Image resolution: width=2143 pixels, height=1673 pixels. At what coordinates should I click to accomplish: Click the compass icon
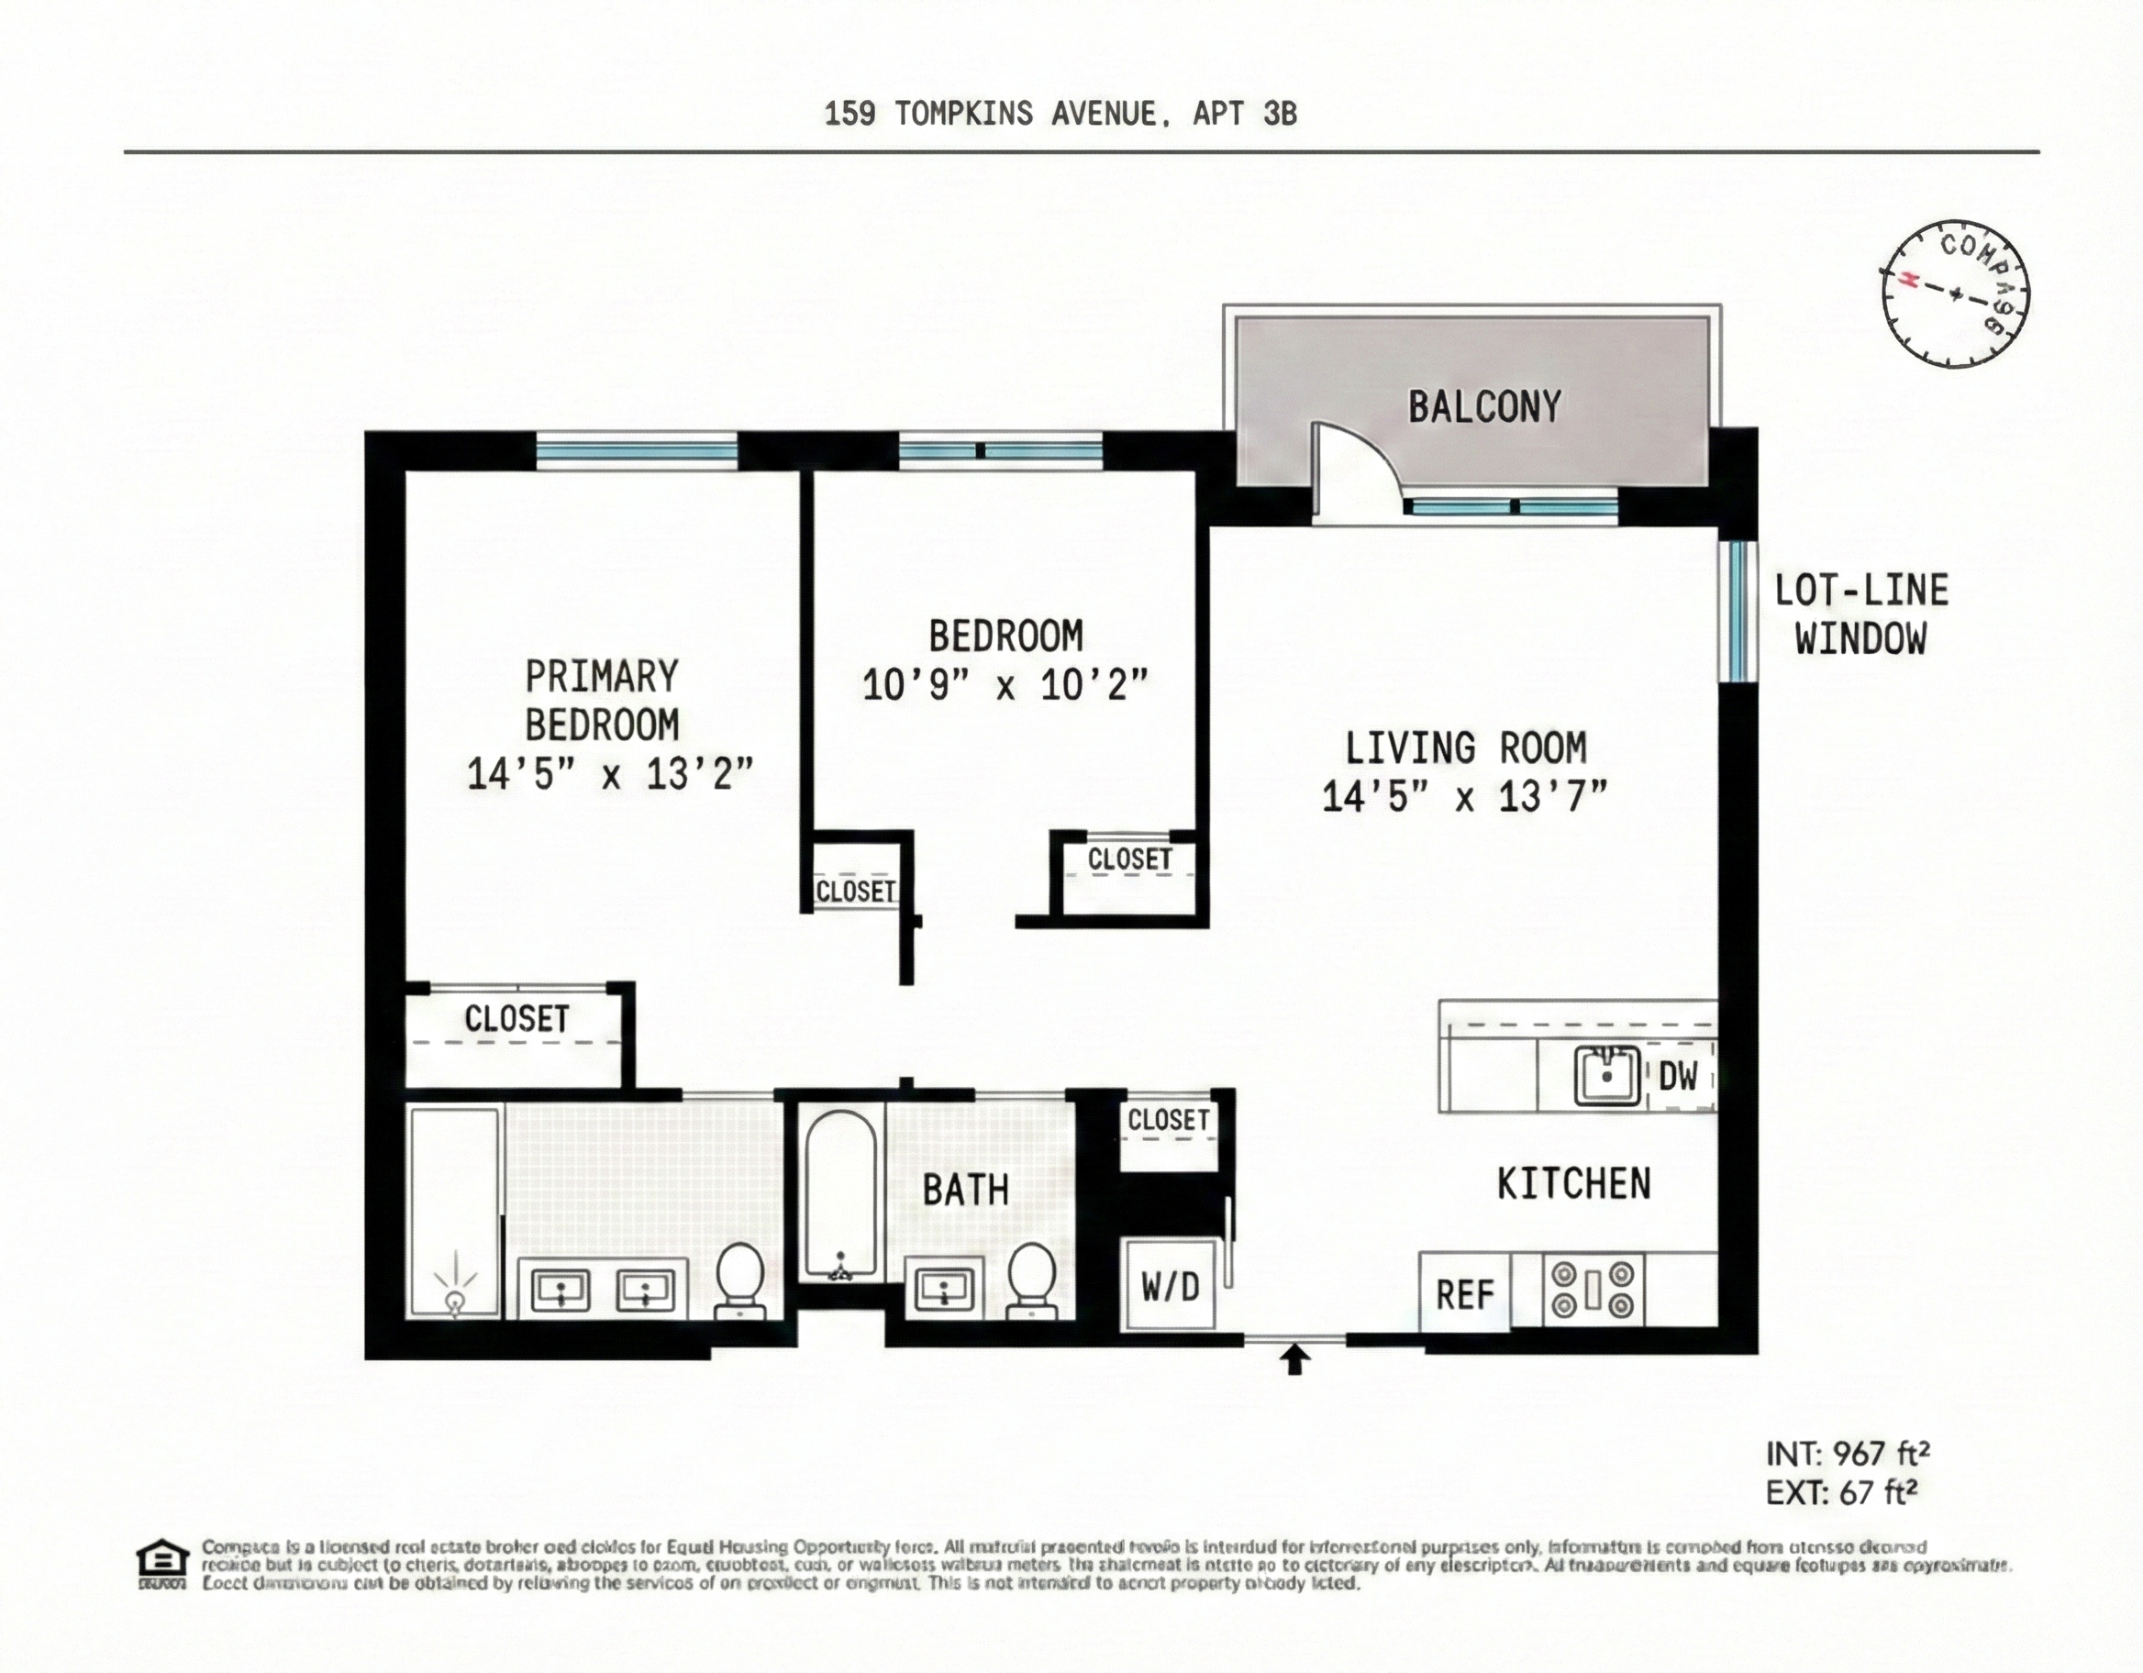(x=1955, y=294)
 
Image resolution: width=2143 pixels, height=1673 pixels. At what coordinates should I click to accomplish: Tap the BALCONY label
(x=1483, y=406)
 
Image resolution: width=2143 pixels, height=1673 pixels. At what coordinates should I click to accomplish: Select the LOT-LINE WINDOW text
(x=1860, y=615)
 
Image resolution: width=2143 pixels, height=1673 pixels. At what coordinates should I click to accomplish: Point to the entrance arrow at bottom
(x=1296, y=1359)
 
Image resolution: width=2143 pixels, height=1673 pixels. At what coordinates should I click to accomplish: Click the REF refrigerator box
(x=1464, y=1294)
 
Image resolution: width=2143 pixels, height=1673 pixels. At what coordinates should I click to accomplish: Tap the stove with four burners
(x=1593, y=1290)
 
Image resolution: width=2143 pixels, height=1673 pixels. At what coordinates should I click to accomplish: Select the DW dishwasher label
(x=1678, y=1077)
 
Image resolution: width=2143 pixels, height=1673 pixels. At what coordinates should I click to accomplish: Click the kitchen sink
(x=1607, y=1075)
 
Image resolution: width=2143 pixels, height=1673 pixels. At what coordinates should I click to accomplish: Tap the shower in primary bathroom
(x=454, y=1213)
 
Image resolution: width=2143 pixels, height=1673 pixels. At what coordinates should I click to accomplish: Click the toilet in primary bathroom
(x=738, y=1279)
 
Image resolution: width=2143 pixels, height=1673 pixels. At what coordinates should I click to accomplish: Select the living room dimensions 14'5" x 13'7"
(x=1464, y=797)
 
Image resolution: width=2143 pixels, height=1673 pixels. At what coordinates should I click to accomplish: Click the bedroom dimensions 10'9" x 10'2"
(x=1005, y=684)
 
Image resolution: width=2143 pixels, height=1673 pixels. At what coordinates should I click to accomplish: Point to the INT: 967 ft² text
(x=1848, y=1453)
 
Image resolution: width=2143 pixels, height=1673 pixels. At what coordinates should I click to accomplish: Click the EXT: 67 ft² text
(x=1841, y=1492)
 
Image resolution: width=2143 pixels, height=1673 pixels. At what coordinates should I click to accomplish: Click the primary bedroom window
(x=637, y=451)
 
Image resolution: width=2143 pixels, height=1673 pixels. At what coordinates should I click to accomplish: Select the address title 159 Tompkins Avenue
(x=1060, y=114)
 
